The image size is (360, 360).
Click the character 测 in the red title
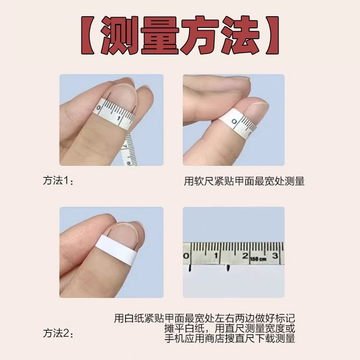click(x=119, y=35)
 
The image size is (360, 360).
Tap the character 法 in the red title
click(x=241, y=35)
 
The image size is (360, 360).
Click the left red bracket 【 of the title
click(x=88, y=35)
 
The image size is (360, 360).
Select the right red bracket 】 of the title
click(x=272, y=35)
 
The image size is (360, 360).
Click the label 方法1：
click(x=58, y=180)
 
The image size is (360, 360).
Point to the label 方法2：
click(x=58, y=333)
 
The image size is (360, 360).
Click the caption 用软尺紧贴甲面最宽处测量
click(x=244, y=181)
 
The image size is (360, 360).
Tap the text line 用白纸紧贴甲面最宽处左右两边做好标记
click(x=205, y=319)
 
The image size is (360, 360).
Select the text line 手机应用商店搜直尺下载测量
click(x=229, y=338)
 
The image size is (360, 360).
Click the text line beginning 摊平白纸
click(x=229, y=328)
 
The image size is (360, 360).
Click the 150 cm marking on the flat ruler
click(x=258, y=259)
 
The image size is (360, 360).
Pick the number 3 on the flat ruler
click(x=275, y=256)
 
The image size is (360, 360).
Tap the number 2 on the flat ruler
click(x=245, y=256)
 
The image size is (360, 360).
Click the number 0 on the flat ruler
click(x=186, y=256)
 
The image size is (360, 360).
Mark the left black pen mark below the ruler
click(x=190, y=268)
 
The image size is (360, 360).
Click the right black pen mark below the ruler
click(x=228, y=268)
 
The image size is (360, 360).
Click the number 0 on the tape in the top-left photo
click(x=99, y=108)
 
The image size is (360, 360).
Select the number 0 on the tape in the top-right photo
click(x=234, y=121)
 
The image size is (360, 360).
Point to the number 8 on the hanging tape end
click(x=129, y=163)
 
